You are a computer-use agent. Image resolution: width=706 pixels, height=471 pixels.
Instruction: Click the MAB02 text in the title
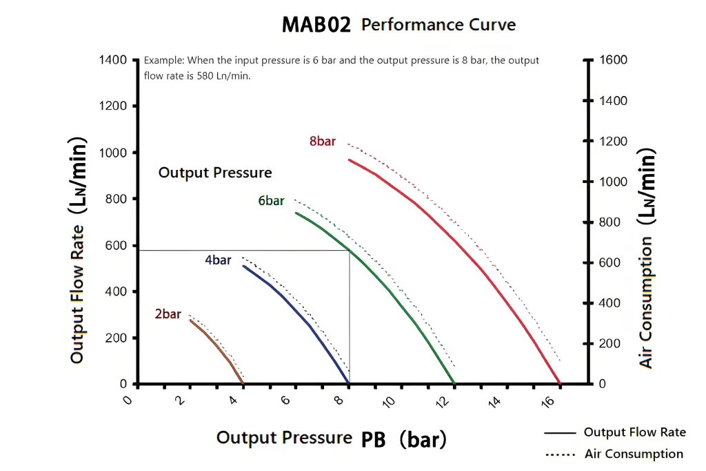click(x=316, y=25)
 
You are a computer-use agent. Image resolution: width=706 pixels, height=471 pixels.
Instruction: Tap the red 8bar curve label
click(x=323, y=142)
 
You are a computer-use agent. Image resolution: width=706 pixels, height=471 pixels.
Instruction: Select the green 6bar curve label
click(x=271, y=201)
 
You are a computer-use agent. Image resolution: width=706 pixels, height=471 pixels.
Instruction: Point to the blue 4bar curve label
click(x=218, y=260)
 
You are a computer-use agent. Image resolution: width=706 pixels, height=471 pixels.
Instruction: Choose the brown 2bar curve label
click(x=168, y=314)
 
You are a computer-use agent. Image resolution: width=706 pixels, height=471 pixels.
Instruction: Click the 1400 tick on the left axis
click(x=114, y=60)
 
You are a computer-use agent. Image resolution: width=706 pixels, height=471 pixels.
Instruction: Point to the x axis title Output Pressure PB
click(x=331, y=438)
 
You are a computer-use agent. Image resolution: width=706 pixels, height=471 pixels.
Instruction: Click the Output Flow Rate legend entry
click(x=634, y=432)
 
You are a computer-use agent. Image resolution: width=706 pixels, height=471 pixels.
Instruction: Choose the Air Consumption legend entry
click(x=634, y=454)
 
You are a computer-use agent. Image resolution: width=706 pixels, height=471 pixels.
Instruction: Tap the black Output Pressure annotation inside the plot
click(x=215, y=173)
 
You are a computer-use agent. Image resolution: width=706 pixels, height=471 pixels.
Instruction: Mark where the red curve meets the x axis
click(x=559, y=384)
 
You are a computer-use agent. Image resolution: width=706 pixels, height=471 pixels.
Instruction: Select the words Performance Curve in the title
click(x=438, y=25)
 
